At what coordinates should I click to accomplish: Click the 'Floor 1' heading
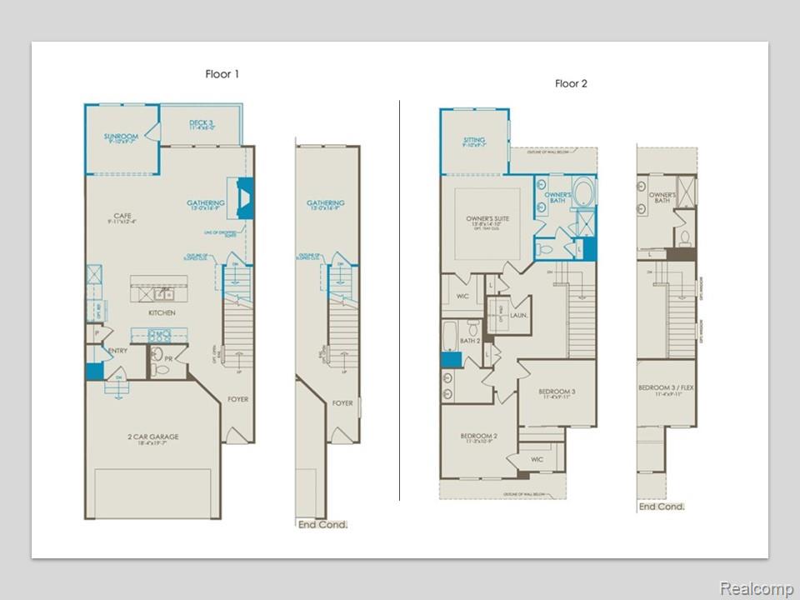pyautogui.click(x=222, y=74)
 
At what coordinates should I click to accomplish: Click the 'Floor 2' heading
pyautogui.click(x=572, y=83)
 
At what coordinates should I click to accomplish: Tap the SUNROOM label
pyautogui.click(x=121, y=138)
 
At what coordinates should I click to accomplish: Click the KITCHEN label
pyautogui.click(x=162, y=312)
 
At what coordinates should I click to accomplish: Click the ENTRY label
pyautogui.click(x=117, y=351)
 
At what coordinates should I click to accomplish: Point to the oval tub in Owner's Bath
pyautogui.click(x=583, y=192)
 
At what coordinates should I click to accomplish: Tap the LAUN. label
pyautogui.click(x=520, y=317)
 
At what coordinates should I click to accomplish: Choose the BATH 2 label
pyautogui.click(x=471, y=340)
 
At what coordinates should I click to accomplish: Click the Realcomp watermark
pyautogui.click(x=756, y=588)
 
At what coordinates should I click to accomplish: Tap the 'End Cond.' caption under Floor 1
pyautogui.click(x=322, y=524)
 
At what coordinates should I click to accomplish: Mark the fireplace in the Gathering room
pyautogui.click(x=243, y=198)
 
